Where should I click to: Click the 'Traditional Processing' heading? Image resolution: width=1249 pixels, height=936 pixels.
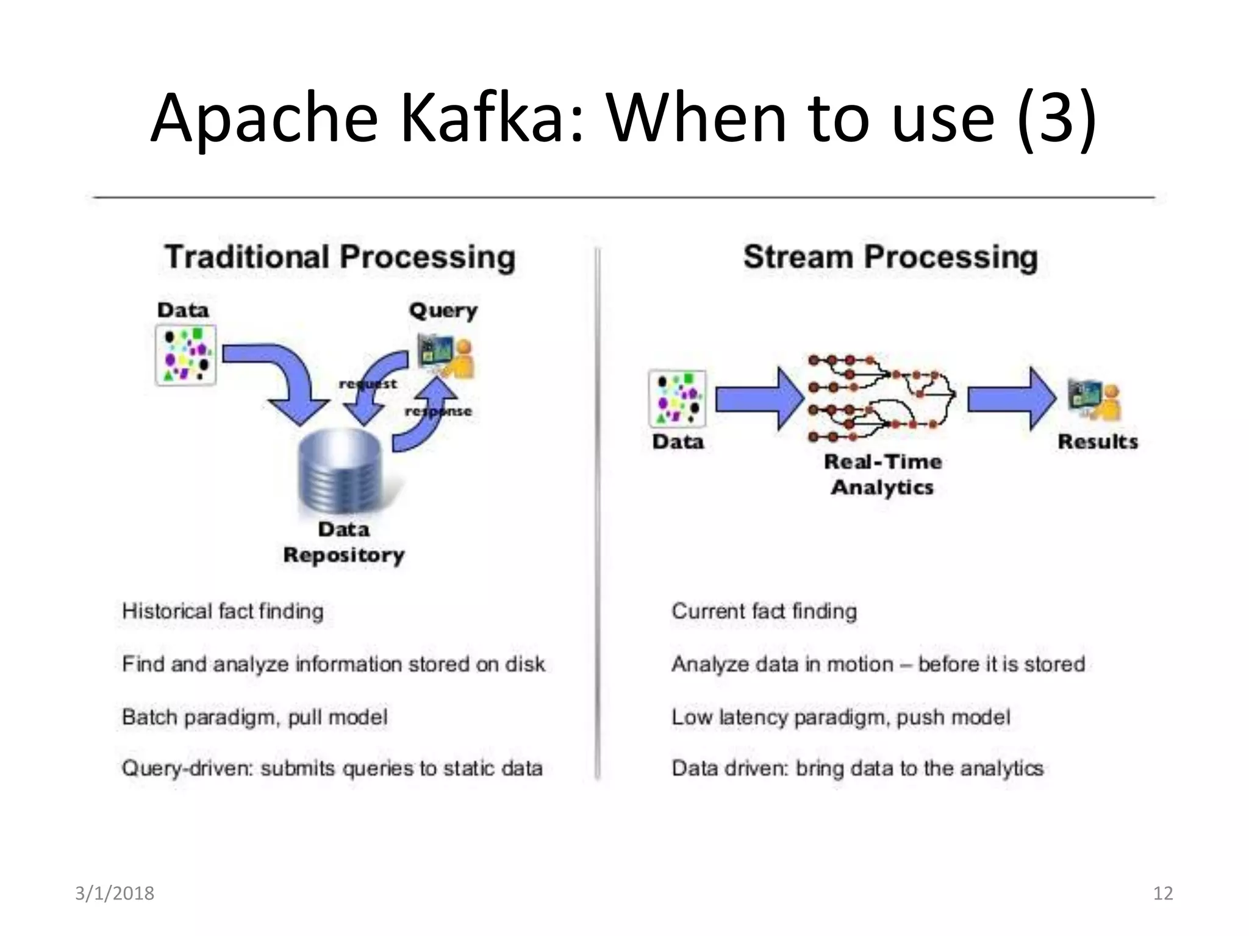(340, 257)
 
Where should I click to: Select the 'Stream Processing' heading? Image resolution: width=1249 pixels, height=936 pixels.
(890, 257)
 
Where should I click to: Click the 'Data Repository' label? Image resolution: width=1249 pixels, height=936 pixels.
(344, 542)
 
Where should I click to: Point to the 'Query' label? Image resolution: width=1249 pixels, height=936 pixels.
(443, 311)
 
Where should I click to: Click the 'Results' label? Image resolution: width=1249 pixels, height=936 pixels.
(1098, 441)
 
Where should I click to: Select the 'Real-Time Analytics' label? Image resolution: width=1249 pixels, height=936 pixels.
(882, 474)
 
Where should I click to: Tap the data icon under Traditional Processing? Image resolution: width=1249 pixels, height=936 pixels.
(186, 355)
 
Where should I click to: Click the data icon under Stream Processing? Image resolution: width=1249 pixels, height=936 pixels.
(678, 399)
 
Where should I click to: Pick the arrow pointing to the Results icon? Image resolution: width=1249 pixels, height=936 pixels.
(1012, 399)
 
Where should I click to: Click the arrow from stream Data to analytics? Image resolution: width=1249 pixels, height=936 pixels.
(759, 399)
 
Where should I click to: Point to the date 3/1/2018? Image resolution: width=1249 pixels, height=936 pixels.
(115, 893)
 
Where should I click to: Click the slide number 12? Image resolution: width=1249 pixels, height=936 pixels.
(1163, 893)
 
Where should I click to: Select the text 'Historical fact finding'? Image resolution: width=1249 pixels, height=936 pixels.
(223, 611)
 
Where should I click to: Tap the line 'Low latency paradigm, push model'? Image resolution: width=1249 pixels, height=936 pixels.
(840, 717)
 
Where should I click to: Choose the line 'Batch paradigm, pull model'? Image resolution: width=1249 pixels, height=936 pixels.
(254, 717)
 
